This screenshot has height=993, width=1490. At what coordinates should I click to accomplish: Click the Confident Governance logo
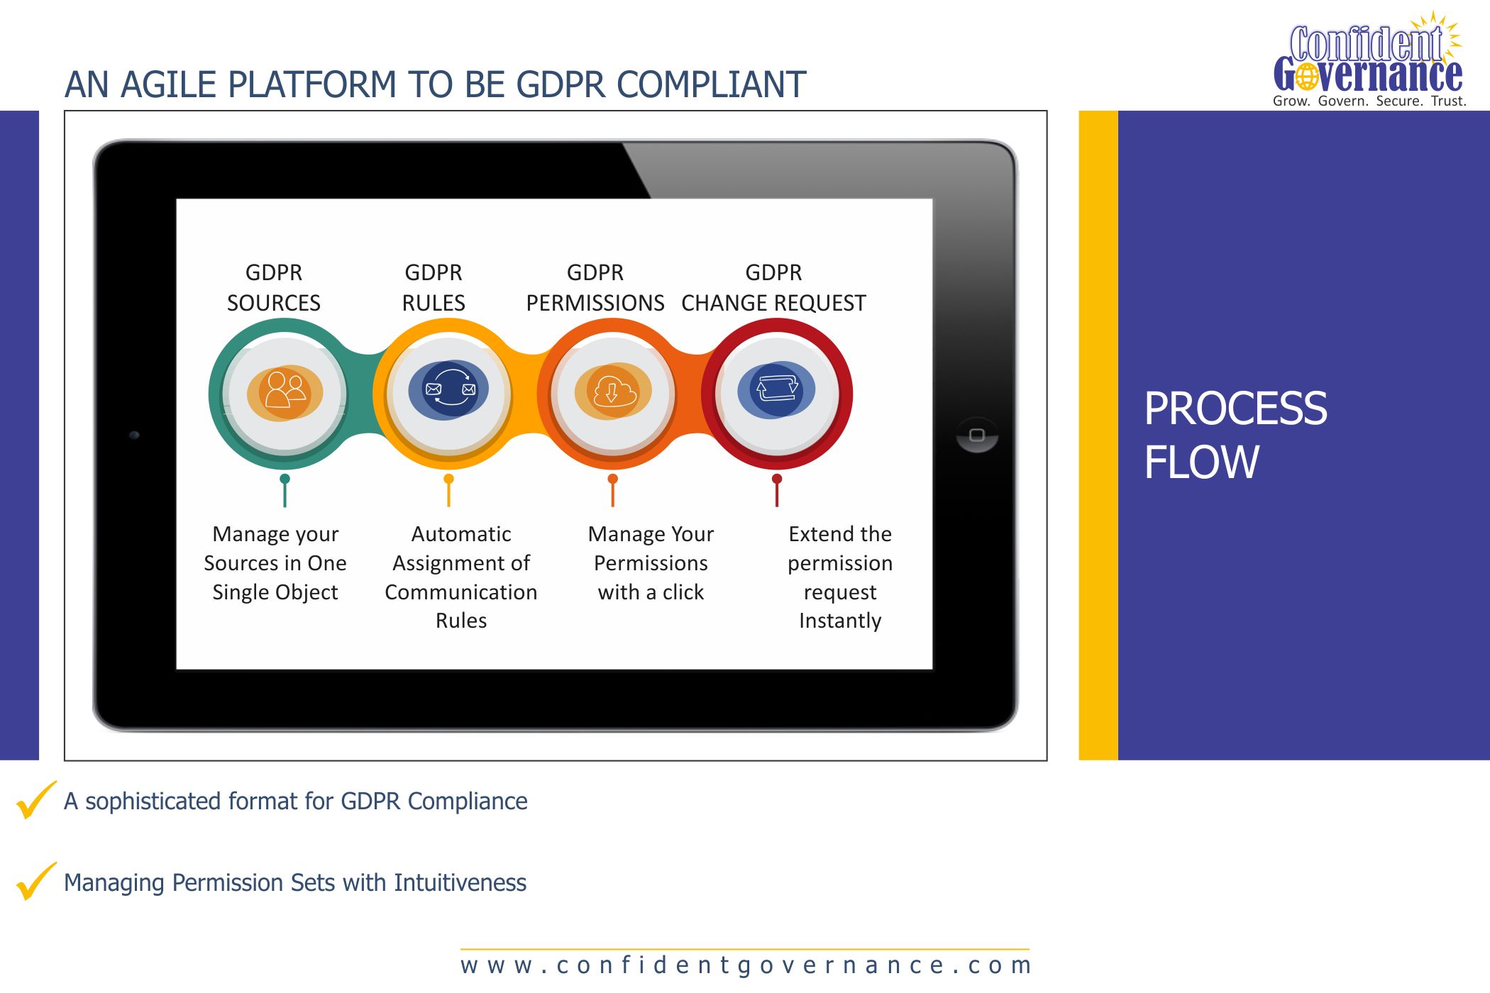pos(1369,60)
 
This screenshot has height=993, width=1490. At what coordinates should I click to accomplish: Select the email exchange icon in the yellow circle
pos(449,389)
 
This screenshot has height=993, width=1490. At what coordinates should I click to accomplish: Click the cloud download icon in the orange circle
pos(613,391)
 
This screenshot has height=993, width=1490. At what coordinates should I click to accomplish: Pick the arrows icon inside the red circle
pos(777,389)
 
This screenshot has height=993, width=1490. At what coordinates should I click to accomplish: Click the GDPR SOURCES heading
pos(274,288)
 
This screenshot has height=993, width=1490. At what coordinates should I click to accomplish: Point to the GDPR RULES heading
pos(434,288)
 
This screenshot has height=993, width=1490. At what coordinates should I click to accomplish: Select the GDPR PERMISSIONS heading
pos(595,288)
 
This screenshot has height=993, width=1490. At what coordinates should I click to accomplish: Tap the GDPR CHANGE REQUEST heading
pos(773,288)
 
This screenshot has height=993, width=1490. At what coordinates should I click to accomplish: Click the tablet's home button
pos(977,435)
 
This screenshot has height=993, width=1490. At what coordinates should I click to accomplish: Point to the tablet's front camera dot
pos(134,435)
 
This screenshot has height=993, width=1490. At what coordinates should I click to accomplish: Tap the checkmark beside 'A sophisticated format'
pos(36,800)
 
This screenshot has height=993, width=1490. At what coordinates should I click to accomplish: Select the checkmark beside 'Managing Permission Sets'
pos(36,882)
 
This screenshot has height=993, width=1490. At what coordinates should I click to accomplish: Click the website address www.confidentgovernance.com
pos(746,965)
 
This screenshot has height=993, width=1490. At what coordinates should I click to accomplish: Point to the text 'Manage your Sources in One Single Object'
pos(275,563)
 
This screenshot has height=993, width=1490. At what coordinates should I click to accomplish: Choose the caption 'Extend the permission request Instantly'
pos(840,577)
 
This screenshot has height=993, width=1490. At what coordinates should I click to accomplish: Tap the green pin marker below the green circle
pos(285,490)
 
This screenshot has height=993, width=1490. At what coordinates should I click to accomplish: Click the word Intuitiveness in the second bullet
pos(460,883)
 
